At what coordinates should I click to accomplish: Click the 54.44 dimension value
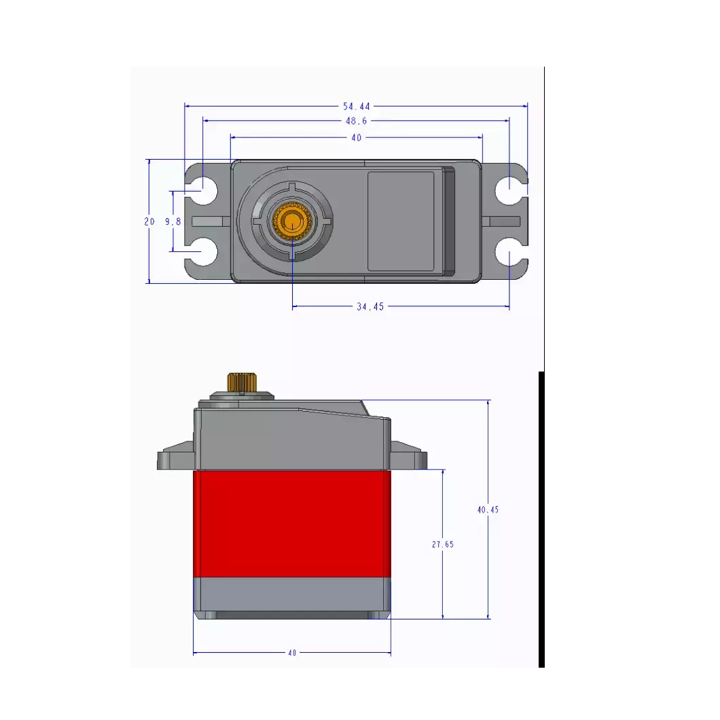pos(357,106)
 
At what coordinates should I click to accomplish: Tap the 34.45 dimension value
pos(370,307)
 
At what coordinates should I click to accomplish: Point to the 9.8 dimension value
pos(173,221)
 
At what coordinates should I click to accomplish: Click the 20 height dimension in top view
pos(149,221)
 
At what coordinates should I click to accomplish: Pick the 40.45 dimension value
pos(488,509)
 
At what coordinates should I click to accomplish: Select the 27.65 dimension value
pos(442,544)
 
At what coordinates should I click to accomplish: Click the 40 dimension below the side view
pos(292,653)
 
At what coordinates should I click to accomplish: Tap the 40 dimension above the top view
pos(356,137)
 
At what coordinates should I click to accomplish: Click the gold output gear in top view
pos(292,221)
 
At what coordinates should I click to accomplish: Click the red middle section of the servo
pos(292,523)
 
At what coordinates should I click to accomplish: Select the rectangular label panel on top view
pos(401,221)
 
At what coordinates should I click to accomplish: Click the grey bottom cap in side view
pos(292,596)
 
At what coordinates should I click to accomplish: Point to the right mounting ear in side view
pos(409,456)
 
